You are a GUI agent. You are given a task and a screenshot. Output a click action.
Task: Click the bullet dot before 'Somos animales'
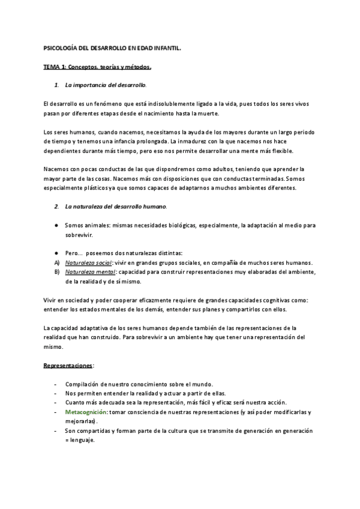click(56, 225)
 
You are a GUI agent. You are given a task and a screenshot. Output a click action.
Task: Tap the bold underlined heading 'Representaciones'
click(68, 366)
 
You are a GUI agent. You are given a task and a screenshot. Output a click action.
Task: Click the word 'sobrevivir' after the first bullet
click(79, 235)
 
